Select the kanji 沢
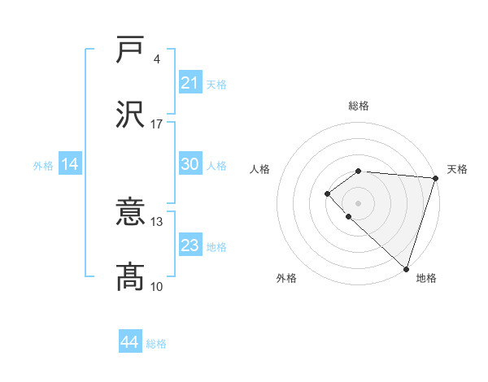pyautogui.click(x=130, y=115)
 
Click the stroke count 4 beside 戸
pyautogui.click(x=156, y=59)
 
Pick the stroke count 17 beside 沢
pyautogui.click(x=157, y=124)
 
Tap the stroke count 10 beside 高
pyautogui.click(x=157, y=286)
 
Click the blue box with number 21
pyautogui.click(x=190, y=83)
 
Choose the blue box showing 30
pyautogui.click(x=190, y=164)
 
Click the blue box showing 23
pyautogui.click(x=190, y=245)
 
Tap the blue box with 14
pyautogui.click(x=69, y=164)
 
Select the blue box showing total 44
pyautogui.click(x=129, y=342)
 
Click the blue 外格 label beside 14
pyautogui.click(x=43, y=165)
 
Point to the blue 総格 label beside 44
pyautogui.click(x=156, y=344)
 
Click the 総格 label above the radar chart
pyautogui.click(x=359, y=106)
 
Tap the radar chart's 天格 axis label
pyautogui.click(x=457, y=169)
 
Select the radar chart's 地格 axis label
pyautogui.click(x=426, y=278)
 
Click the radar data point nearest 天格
pyautogui.click(x=436, y=177)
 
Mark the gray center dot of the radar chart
pyautogui.click(x=359, y=202)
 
